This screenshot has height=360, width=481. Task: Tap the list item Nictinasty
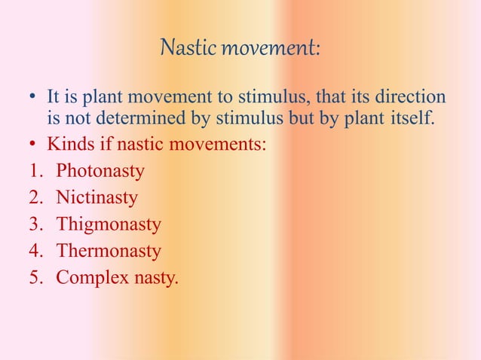point(97,197)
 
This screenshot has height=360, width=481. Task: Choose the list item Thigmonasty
point(109,224)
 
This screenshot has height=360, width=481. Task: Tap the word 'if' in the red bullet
point(108,143)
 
